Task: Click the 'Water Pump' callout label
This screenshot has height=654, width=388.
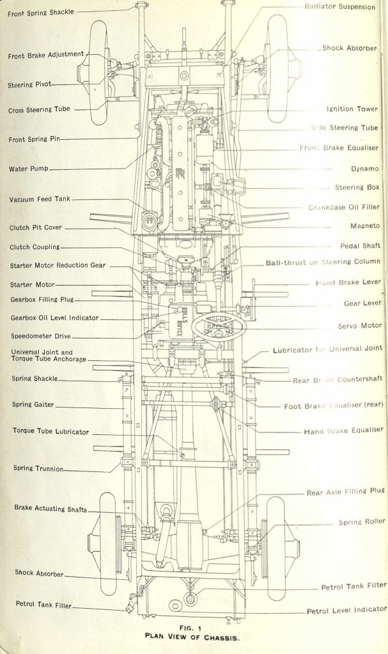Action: pyautogui.click(x=29, y=169)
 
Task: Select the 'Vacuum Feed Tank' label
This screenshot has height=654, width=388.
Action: pyautogui.click(x=39, y=200)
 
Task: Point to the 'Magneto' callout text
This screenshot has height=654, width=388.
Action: pyautogui.click(x=365, y=225)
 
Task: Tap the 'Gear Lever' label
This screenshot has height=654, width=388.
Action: pyautogui.click(x=362, y=303)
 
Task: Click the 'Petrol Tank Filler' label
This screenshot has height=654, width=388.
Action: pyautogui.click(x=43, y=604)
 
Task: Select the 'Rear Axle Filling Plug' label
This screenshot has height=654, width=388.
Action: pyautogui.click(x=345, y=491)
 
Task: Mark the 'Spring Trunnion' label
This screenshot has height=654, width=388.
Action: pyautogui.click(x=38, y=468)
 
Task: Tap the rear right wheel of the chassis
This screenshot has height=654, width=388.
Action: pyautogui.click(x=279, y=549)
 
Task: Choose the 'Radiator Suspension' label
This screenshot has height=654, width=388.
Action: pyautogui.click(x=340, y=6)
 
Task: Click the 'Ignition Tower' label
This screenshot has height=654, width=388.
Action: pyautogui.click(x=352, y=109)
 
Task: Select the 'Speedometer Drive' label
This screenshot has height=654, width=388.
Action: pyautogui.click(x=40, y=335)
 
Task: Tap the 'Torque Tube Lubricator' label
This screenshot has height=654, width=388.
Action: pyautogui.click(x=50, y=431)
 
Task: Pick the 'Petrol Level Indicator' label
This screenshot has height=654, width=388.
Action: pyautogui.click(x=346, y=610)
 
